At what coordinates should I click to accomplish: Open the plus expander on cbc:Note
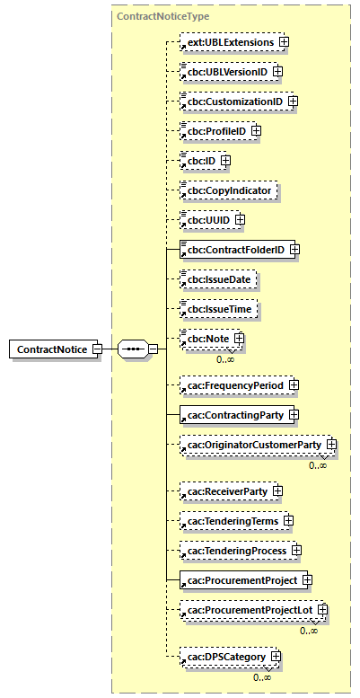239,339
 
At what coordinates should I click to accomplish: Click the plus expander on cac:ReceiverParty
278,491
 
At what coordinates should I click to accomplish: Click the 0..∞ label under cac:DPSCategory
262,676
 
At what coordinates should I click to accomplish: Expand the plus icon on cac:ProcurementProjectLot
321,610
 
